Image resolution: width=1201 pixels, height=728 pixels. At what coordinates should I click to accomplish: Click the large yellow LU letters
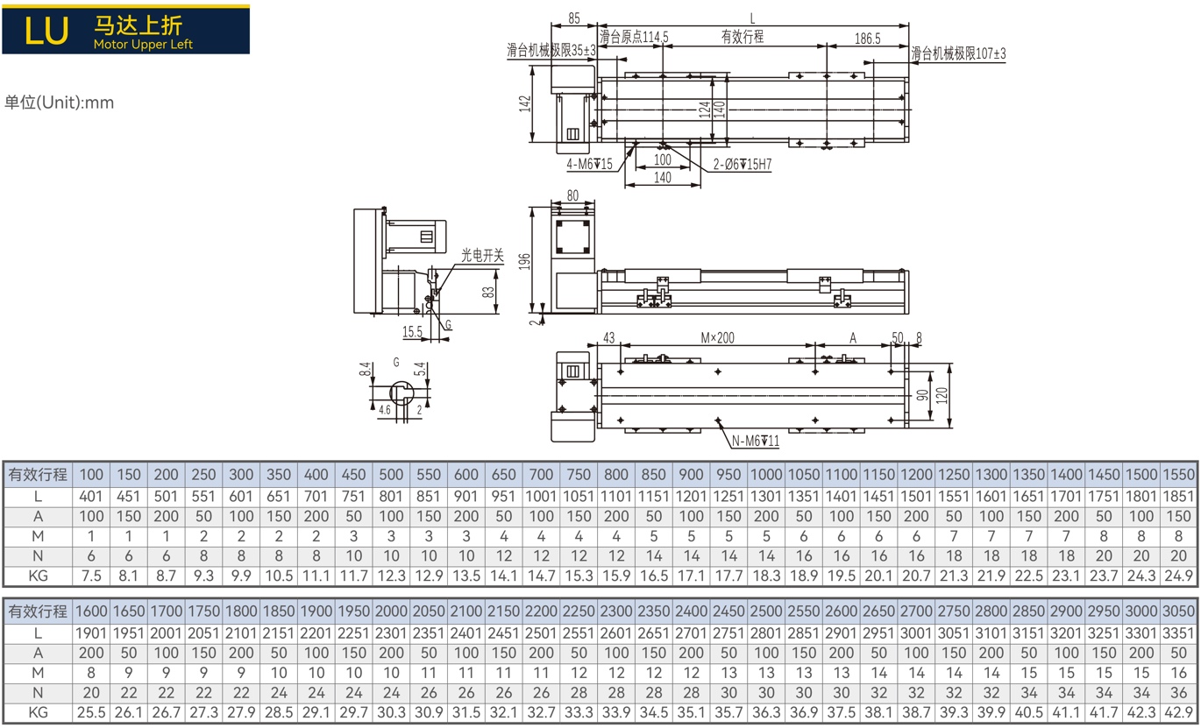[46, 31]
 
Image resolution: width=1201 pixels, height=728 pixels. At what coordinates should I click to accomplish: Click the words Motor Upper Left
[143, 45]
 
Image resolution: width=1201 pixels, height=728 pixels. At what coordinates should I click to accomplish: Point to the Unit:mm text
[59, 102]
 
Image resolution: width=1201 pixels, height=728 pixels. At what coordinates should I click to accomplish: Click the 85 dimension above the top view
[573, 18]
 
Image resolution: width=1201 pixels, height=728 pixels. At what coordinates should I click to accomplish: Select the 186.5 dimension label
[867, 39]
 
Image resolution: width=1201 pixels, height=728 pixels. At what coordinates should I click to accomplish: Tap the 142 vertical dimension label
[525, 103]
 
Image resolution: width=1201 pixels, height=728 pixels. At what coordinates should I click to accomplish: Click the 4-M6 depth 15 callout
[589, 164]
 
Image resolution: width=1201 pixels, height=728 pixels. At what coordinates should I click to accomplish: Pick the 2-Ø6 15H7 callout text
[742, 165]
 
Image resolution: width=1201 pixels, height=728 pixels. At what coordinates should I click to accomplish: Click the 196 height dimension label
[524, 261]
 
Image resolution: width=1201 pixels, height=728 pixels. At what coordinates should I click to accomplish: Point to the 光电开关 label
[482, 256]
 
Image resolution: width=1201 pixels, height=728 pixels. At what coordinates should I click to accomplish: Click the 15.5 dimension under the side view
[412, 332]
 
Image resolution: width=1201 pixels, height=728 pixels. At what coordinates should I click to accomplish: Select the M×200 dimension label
[717, 338]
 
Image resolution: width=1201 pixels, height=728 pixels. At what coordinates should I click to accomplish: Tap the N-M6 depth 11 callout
[756, 441]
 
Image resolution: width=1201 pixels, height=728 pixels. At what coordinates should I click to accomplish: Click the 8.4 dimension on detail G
[366, 369]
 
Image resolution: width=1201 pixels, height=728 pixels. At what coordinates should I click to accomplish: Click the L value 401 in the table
[90, 497]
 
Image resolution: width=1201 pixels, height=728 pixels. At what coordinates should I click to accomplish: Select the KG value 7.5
[91, 576]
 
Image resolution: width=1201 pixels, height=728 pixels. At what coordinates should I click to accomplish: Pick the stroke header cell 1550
[1178, 475]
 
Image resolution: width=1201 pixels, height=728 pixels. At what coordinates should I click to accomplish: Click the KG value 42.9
[1178, 712]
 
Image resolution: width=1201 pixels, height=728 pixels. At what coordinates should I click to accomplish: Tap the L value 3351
[1178, 633]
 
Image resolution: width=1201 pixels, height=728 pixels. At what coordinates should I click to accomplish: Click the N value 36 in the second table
[1178, 693]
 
